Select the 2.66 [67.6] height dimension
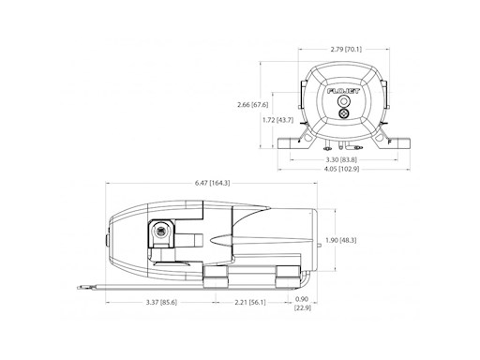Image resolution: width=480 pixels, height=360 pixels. pos(254,104)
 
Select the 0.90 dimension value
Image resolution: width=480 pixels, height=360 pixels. pos(301,299)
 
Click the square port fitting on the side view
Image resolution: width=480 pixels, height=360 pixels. pos(160,230)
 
